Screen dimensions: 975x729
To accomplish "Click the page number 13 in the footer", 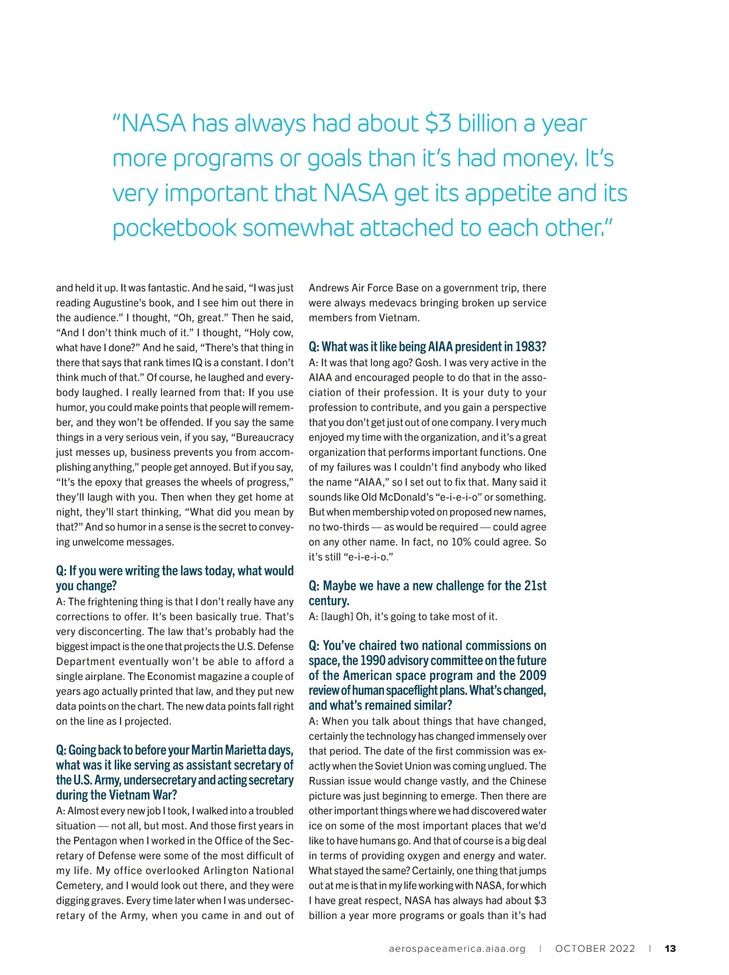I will tap(670, 948).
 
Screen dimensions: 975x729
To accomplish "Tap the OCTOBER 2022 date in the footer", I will tap(595, 948).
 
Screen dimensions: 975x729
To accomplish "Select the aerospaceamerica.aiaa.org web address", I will tap(457, 948).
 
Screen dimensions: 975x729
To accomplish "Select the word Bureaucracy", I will tap(264, 437).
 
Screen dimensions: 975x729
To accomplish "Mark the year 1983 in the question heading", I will tap(531, 347).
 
